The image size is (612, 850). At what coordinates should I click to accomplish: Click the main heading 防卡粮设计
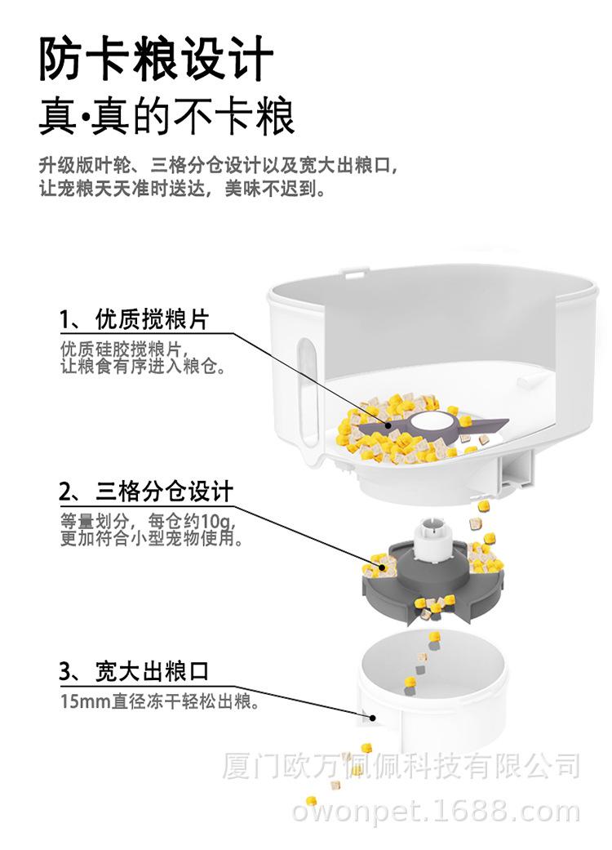pyautogui.click(x=156, y=58)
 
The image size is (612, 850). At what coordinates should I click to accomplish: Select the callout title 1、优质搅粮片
pyautogui.click(x=134, y=319)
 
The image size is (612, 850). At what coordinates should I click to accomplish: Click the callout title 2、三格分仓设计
pyautogui.click(x=146, y=492)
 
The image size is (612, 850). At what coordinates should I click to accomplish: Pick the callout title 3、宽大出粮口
pyautogui.click(x=134, y=673)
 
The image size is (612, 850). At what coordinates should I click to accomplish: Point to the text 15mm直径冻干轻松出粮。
pyautogui.click(x=159, y=700)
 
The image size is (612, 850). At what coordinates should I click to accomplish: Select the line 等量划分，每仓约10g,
pyautogui.click(x=147, y=521)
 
